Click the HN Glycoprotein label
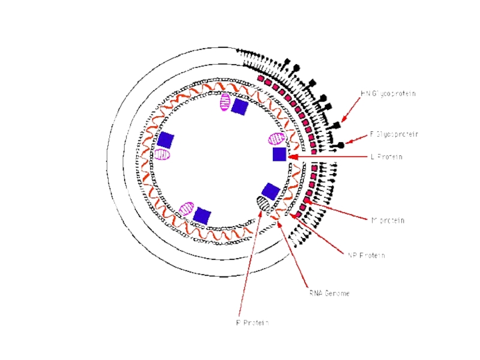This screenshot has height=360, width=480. (x=388, y=94)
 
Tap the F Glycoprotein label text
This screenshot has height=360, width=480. (x=394, y=134)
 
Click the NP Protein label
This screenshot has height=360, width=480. (x=366, y=255)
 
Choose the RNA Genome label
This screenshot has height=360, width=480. (x=329, y=293)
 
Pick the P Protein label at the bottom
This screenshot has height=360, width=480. (x=252, y=322)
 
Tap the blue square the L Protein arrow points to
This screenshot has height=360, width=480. (x=279, y=154)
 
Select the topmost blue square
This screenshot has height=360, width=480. (x=239, y=107)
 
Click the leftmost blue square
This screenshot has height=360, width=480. (x=165, y=140)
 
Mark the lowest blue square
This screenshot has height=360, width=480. (x=202, y=215)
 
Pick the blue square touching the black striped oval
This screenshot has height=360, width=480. (x=271, y=191)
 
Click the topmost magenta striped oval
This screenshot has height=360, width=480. (x=224, y=102)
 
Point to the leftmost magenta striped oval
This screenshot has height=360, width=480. (x=162, y=154)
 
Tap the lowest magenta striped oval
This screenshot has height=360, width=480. (x=187, y=209)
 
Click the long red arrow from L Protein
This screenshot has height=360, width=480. (x=330, y=156)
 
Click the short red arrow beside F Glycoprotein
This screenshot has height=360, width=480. (x=357, y=139)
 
